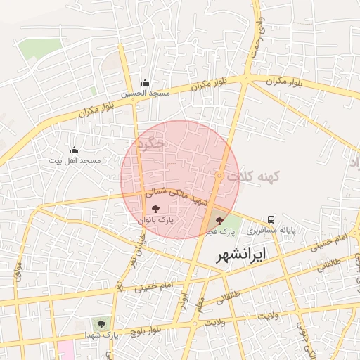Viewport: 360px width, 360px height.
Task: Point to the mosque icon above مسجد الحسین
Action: [145, 82]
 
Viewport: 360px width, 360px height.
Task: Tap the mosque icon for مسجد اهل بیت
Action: [74, 150]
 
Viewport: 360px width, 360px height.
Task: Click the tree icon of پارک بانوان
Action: [155, 209]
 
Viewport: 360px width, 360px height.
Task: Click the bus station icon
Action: [271, 219]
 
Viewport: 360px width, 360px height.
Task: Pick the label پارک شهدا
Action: [103, 335]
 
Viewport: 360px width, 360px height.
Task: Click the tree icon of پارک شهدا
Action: [103, 324]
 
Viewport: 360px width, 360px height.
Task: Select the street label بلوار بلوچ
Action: [149, 328]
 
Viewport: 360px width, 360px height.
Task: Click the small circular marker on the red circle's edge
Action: [219, 175]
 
